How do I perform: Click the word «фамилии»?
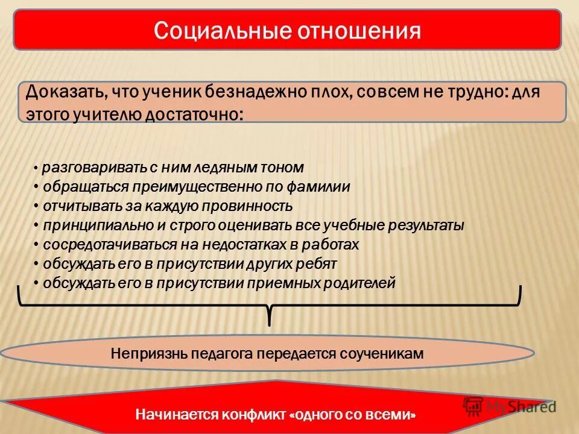pos(320,187)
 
